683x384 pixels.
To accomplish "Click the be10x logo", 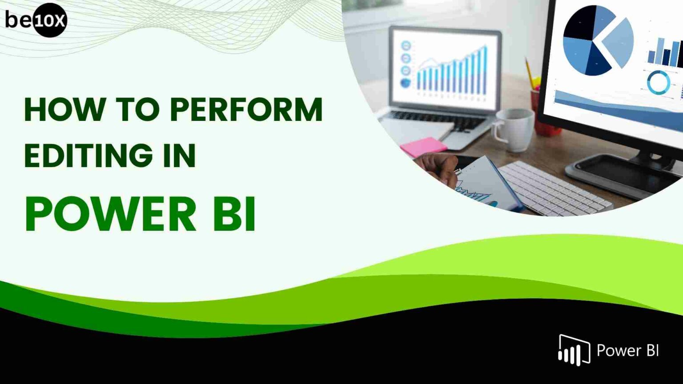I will tap(36, 20).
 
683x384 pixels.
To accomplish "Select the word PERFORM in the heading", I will tap(246, 109).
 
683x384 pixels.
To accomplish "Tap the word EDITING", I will tap(85, 155).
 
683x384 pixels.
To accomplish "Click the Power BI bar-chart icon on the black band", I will tap(574, 350).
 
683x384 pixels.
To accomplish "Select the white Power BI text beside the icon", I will tap(627, 351).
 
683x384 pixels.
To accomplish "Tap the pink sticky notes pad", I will tap(423, 146).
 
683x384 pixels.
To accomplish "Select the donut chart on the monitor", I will tap(658, 83).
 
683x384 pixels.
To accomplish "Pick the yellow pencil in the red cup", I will tap(530, 71).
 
